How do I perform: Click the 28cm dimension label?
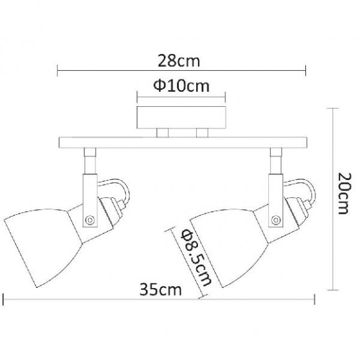(x=181, y=60)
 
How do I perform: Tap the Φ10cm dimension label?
(x=181, y=86)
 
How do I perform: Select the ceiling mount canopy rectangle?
(x=181, y=117)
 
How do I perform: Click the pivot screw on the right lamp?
(x=276, y=218)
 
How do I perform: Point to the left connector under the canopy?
(x=163, y=132)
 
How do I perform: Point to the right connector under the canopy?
(x=201, y=132)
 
